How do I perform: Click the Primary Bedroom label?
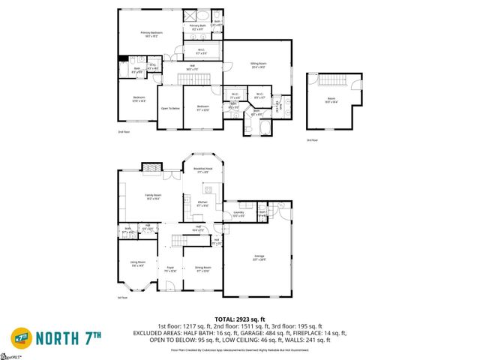[x=151, y=34]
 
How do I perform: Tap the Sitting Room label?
[x=258, y=65]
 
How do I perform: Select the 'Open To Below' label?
[x=170, y=108]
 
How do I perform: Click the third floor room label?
[x=331, y=100]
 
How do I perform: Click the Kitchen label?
[x=202, y=204]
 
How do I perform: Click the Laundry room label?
[x=238, y=214]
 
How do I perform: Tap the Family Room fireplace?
[x=152, y=169]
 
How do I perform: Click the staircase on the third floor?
[x=330, y=81]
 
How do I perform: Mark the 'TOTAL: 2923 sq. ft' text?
[x=239, y=319]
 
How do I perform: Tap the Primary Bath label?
[x=197, y=26]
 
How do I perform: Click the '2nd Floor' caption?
[x=124, y=132]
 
